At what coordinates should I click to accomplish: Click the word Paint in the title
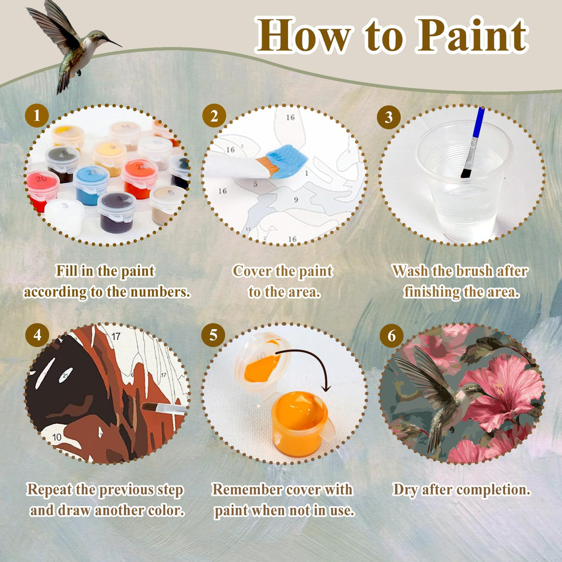[x=471, y=35]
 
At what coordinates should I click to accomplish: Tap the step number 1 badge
[x=37, y=116]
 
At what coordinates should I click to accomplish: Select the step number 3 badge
[x=389, y=117]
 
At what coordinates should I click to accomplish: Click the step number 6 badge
[x=392, y=335]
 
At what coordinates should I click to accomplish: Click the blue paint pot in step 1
[x=91, y=185]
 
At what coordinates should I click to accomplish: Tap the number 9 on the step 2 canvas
[x=296, y=200]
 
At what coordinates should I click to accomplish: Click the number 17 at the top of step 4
[x=116, y=336]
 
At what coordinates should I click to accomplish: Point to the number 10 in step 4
[x=56, y=437]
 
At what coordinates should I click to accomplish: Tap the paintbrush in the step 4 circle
[x=164, y=408]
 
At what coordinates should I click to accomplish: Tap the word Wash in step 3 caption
[x=410, y=271]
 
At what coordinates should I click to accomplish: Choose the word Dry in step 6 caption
[x=405, y=490]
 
